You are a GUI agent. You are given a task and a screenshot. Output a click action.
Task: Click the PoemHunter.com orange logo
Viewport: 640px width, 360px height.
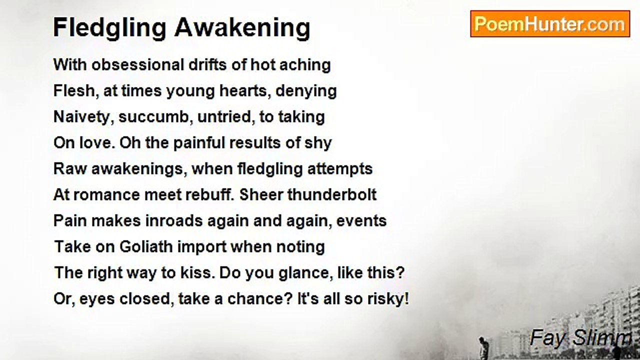[550, 24]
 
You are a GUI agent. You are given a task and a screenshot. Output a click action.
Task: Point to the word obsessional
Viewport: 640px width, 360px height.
[137, 64]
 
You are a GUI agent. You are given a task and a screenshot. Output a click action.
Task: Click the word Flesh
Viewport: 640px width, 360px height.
[76, 91]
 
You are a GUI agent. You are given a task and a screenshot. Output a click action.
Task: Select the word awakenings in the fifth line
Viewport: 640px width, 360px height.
[139, 169]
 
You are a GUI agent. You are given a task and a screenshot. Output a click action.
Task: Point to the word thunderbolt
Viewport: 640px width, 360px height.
[332, 195]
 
